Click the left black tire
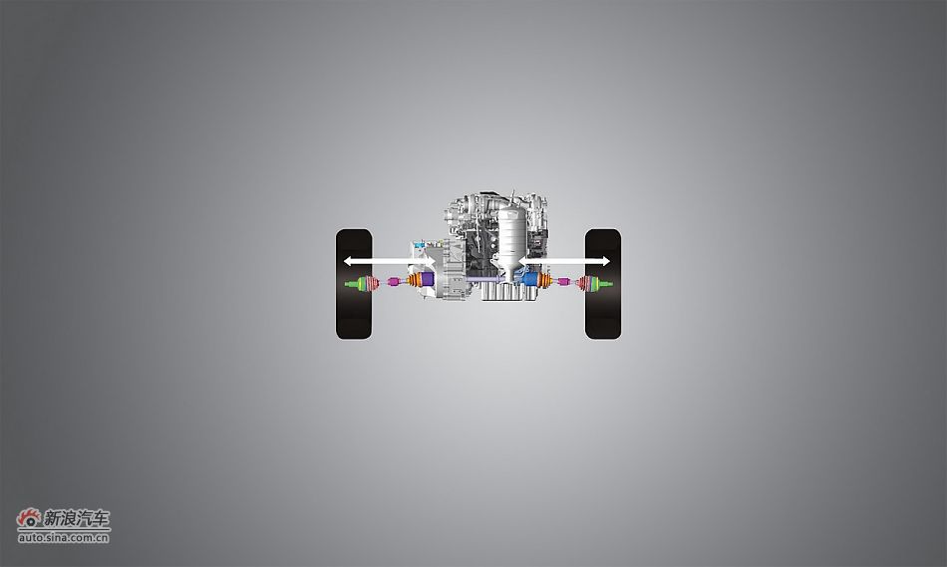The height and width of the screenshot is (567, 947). tap(354, 284)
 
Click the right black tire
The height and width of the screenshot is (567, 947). tap(603, 284)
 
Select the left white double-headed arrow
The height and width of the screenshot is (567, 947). tap(388, 261)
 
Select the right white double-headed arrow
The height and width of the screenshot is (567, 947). tap(564, 261)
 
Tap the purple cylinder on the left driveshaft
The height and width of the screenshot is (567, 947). tap(428, 279)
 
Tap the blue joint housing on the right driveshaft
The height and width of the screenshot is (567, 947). tap(531, 279)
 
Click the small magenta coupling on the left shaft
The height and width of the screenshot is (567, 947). tap(393, 281)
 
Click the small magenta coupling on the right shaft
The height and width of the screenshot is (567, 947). tap(564, 281)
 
